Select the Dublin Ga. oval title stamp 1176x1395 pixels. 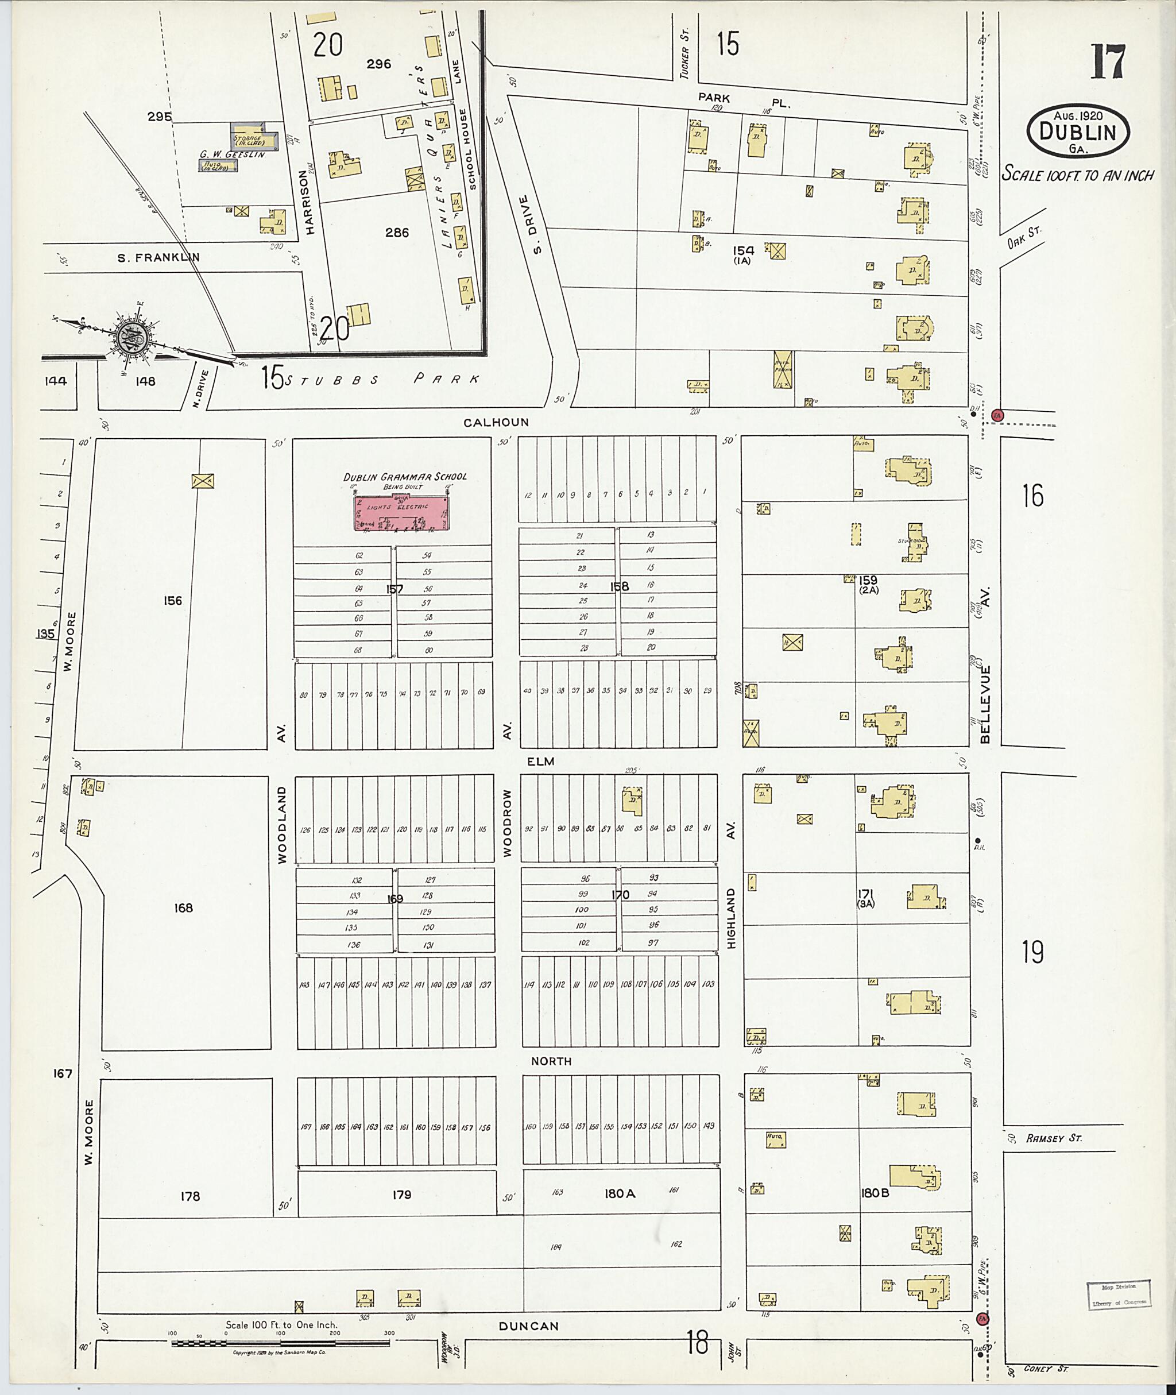(1078, 133)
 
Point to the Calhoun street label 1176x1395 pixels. (496, 422)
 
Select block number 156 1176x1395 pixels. (173, 601)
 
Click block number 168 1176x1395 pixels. (183, 907)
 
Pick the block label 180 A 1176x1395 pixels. (620, 1193)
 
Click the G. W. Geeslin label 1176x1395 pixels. (232, 154)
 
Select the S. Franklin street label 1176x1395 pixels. (158, 257)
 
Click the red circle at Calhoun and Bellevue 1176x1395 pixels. (997, 414)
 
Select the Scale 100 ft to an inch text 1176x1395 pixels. (1078, 175)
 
